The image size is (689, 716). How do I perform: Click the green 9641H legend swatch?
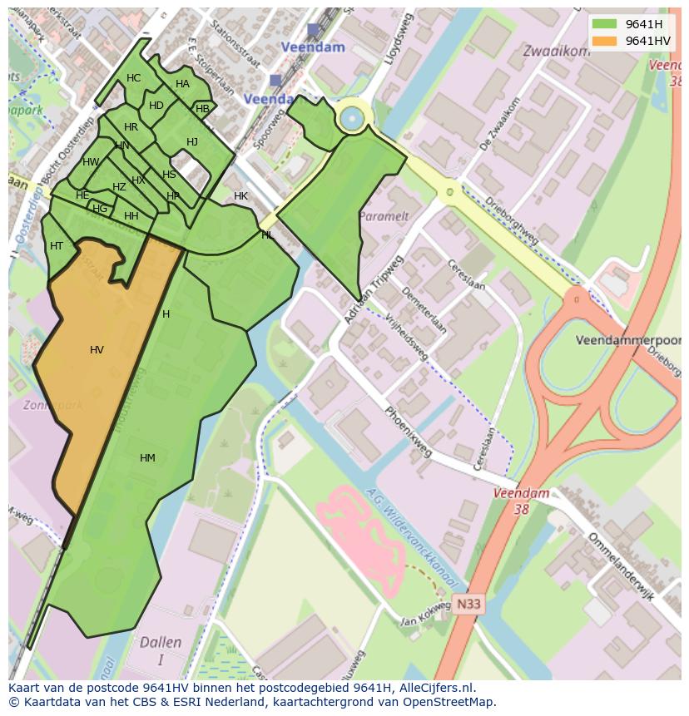point(606,24)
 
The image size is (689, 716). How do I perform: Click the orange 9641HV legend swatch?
point(606,41)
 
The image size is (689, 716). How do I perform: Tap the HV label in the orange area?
point(97,350)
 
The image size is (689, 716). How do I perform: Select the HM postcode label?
point(147,458)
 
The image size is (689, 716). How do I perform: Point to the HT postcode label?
point(57,246)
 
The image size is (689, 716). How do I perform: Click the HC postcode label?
point(133,78)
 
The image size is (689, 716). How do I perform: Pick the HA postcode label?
point(182,84)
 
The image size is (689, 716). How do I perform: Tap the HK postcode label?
point(240,196)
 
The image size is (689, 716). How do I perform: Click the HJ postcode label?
point(192,142)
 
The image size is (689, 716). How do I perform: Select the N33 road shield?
point(468,605)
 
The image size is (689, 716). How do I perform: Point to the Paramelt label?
point(383,216)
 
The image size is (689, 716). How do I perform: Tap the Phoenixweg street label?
point(409,432)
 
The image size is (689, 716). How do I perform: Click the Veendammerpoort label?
point(627,341)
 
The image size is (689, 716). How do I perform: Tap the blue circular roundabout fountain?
point(351,118)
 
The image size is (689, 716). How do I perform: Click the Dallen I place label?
point(161,651)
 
